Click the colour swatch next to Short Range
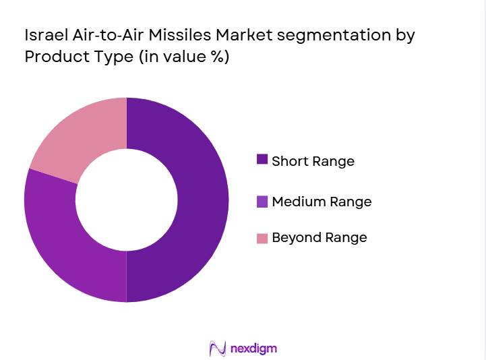click(x=262, y=160)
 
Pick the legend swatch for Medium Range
click(x=262, y=201)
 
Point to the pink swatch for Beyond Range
click(x=262, y=237)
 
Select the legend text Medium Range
click(x=322, y=202)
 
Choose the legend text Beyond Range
click(x=319, y=237)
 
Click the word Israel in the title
click(x=45, y=33)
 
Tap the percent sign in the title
click(x=217, y=57)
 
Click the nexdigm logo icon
click(x=218, y=348)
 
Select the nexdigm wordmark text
click(x=253, y=349)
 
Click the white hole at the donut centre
click(x=126, y=200)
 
